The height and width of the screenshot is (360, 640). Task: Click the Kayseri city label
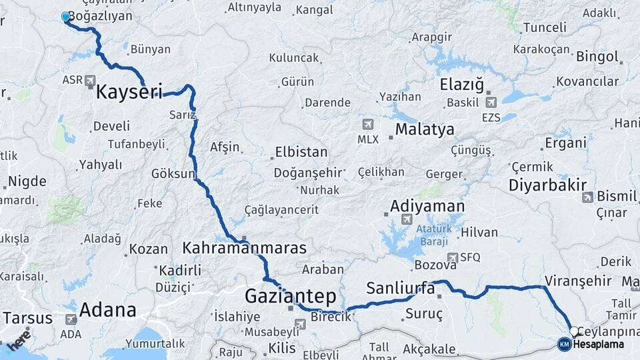pos(129,91)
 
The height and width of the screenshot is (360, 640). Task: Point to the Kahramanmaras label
pos(244,248)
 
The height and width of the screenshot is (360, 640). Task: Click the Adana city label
pos(107,310)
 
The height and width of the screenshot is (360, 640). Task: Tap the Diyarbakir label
pos(547,185)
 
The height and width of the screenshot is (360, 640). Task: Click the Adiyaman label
pos(427,205)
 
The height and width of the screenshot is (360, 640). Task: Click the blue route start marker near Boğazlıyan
pos(65,17)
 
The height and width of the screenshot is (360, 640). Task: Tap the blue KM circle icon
pos(564,344)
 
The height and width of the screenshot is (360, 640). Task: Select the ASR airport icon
pos(91,81)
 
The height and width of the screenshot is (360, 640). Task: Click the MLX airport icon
pos(367,125)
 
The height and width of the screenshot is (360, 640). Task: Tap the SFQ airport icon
pos(453,257)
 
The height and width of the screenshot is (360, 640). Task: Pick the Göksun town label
pos(173,173)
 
